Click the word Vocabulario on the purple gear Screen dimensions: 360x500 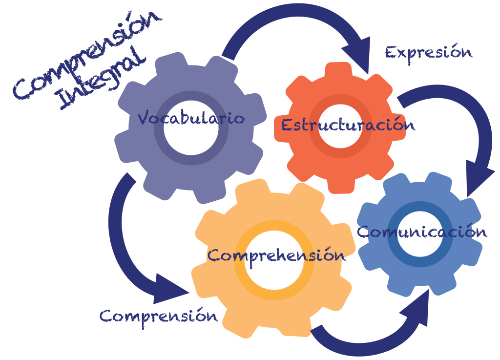coord(191,118)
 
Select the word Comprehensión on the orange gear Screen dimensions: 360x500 coord(276,255)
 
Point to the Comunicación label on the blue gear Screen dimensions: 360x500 coord(422,231)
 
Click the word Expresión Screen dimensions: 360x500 coord(429,52)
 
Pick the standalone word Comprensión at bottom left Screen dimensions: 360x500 coord(159,316)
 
